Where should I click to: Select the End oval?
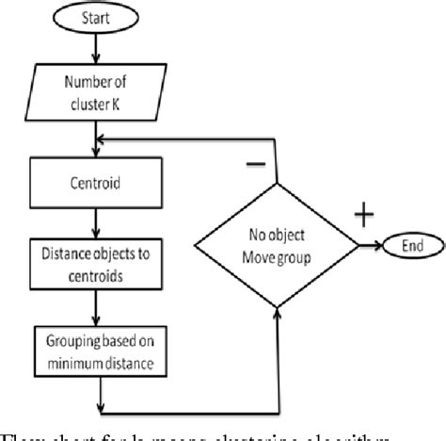pyautogui.click(x=411, y=247)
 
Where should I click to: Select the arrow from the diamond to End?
pyautogui.click(x=369, y=247)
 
